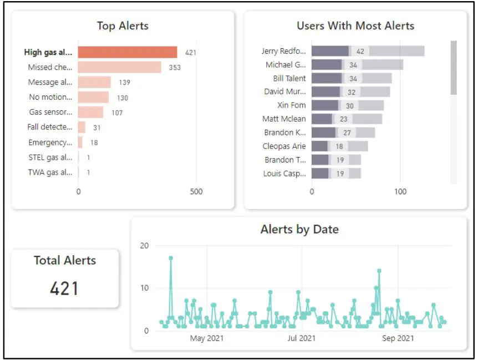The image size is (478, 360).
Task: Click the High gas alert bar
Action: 128,53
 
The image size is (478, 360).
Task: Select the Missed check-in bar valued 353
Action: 119,67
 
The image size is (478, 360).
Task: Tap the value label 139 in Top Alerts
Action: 124,82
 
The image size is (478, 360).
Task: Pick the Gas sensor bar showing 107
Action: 90,112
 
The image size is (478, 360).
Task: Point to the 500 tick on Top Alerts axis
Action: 196,192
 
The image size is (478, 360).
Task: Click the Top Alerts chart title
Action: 123,26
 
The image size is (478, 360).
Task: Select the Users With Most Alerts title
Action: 355,26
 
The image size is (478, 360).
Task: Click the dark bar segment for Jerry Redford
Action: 330,51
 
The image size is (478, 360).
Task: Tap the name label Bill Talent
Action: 289,78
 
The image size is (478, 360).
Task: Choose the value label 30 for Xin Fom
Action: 350,105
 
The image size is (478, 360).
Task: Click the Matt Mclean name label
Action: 284,119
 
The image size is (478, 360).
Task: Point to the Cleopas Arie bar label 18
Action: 339,146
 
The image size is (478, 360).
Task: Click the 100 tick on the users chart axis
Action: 400,192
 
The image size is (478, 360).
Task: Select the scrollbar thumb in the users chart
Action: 454,67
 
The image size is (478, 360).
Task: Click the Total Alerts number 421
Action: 64,288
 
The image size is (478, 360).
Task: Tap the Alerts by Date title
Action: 299,229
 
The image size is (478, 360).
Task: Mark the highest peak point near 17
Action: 171,258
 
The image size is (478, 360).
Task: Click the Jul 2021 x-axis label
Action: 302,338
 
